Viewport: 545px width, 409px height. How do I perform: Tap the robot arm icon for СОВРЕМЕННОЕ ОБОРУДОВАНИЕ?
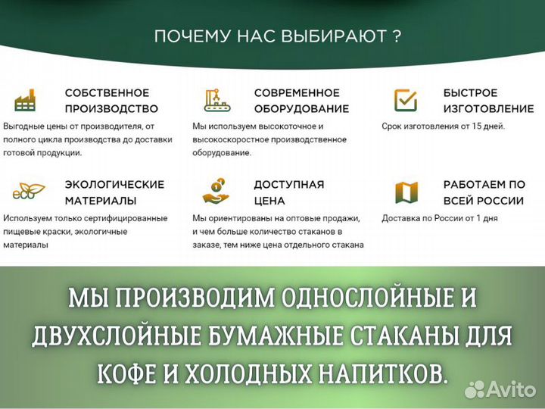(217, 100)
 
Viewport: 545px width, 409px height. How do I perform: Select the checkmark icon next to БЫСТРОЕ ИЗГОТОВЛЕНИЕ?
(406, 100)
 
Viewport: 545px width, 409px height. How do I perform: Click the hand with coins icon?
(216, 192)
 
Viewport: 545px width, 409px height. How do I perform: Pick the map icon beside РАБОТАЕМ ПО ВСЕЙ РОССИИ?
(406, 192)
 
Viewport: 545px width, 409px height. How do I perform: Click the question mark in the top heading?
(397, 36)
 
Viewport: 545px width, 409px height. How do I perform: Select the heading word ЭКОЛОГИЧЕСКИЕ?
(114, 184)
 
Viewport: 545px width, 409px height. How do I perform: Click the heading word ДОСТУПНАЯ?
(289, 184)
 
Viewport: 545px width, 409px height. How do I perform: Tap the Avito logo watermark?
(500, 389)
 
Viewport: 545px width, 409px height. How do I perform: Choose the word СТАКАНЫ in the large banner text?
(412, 334)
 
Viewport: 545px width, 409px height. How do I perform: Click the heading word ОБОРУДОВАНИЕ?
(301, 108)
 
